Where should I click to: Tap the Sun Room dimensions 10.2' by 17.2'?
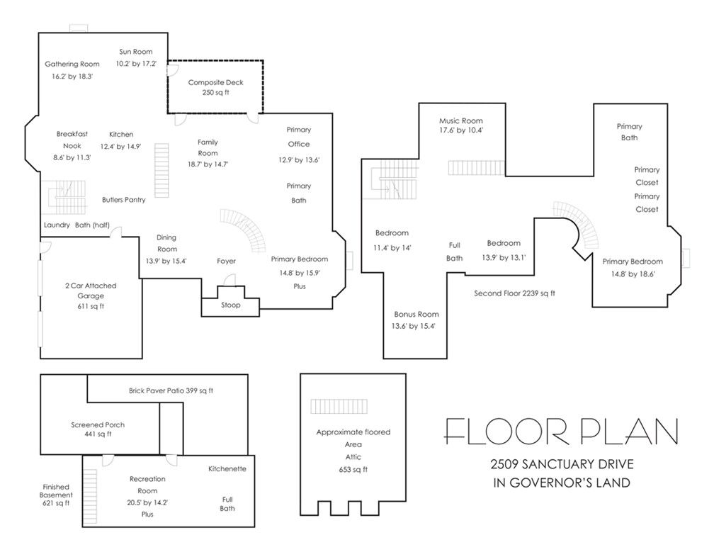136,64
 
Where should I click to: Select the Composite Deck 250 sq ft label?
215,87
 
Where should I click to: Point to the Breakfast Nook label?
72,140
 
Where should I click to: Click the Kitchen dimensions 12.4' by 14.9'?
120,146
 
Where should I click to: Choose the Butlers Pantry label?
123,200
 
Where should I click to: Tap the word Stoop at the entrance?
229,305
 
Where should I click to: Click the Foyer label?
226,261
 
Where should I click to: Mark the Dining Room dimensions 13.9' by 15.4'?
166,261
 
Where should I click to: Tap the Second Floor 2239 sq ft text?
514,293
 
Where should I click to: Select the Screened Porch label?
98,425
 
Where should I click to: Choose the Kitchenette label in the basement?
227,469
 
